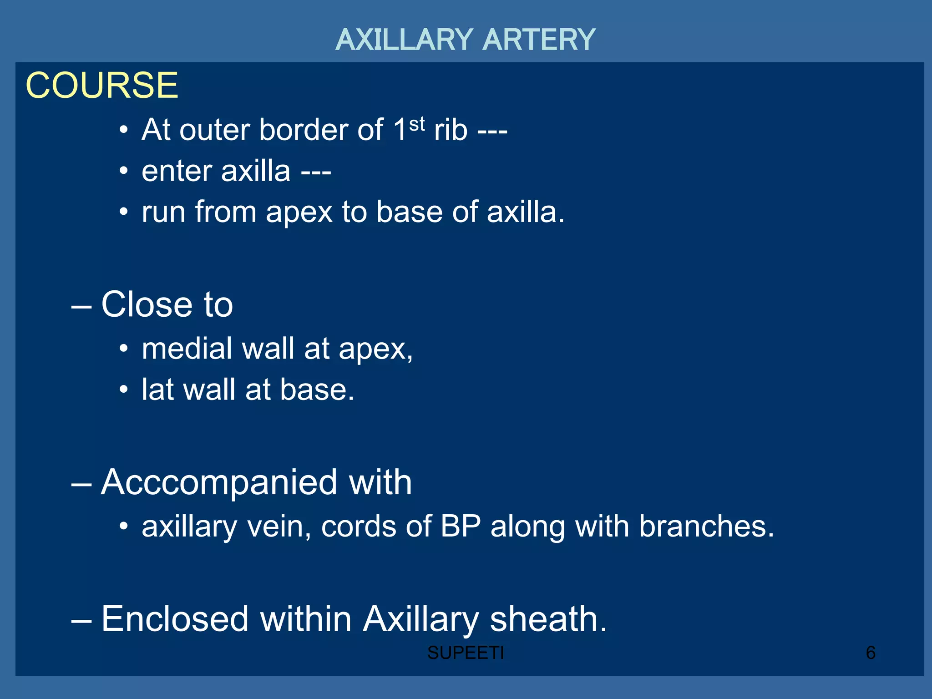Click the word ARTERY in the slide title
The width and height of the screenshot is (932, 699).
point(538,40)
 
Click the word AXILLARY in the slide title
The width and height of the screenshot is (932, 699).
point(404,40)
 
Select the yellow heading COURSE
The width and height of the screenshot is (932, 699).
point(102,86)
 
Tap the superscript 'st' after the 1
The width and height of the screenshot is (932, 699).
point(417,124)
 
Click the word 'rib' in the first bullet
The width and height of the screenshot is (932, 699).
point(451,130)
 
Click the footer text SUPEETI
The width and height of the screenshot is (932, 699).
point(466,653)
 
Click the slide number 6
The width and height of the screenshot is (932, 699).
point(871,653)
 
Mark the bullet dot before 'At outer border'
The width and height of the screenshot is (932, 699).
point(124,131)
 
